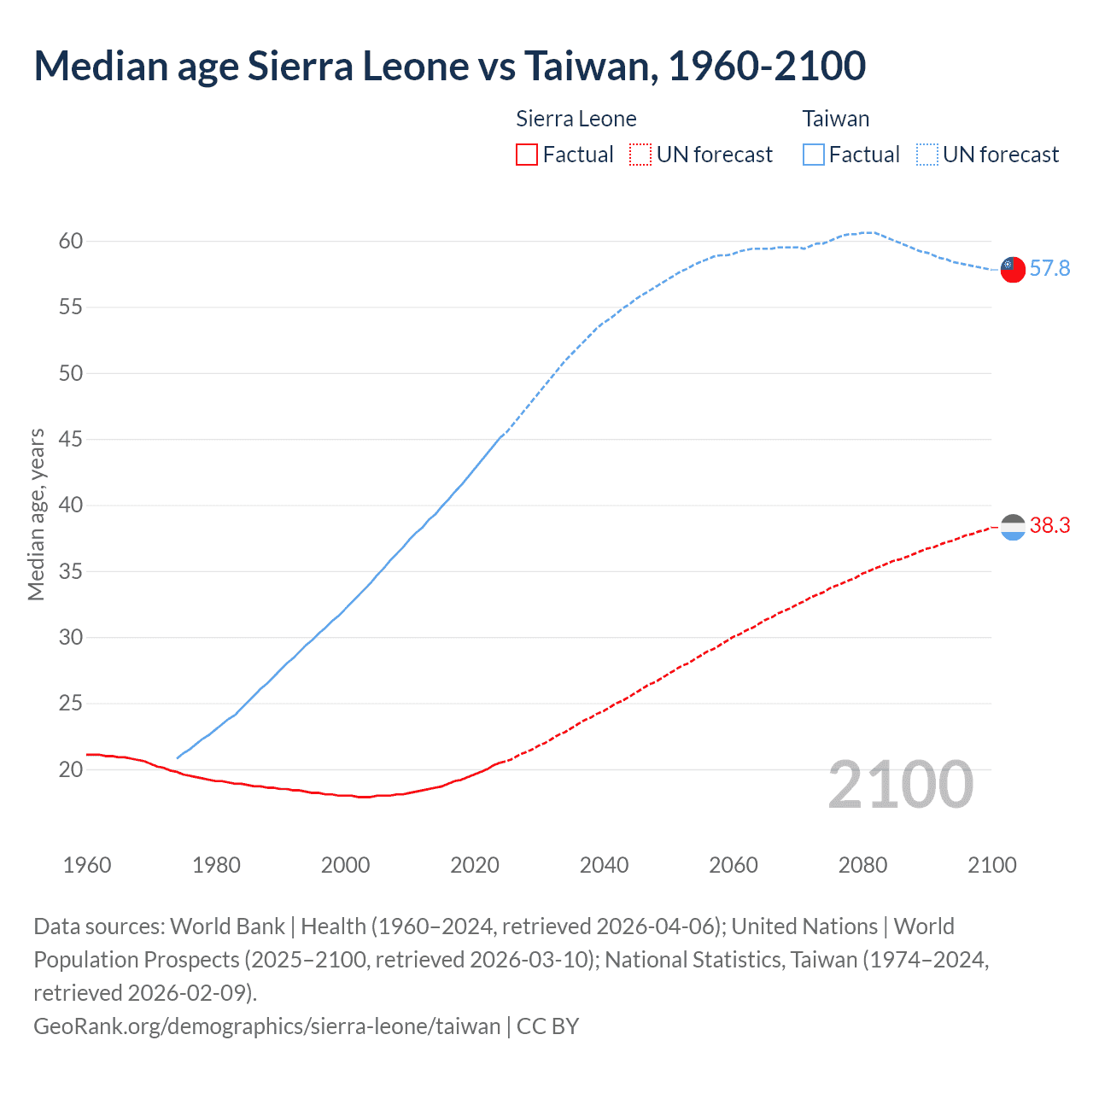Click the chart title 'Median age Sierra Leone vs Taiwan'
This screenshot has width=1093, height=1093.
coord(449,67)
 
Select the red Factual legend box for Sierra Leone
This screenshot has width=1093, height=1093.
coord(527,155)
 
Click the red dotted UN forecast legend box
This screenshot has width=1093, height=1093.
coord(640,155)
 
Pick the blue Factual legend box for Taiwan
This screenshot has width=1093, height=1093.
coord(814,155)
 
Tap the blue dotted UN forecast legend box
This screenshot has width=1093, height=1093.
coord(926,155)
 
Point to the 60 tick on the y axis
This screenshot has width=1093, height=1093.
coord(71,241)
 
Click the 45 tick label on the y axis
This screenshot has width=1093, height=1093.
coord(71,439)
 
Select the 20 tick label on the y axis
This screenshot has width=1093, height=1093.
coord(71,769)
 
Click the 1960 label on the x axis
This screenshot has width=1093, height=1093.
coord(87,865)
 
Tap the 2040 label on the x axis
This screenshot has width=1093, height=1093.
coord(604,865)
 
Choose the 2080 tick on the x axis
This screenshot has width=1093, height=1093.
coord(862,865)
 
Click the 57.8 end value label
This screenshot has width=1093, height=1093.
coord(1049,268)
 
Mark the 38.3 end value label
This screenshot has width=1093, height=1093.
coord(1049,525)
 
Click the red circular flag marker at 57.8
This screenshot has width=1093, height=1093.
coord(1013,269)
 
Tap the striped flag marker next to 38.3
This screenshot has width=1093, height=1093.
coord(1013,528)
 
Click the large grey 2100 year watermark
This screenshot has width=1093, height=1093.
coord(900,785)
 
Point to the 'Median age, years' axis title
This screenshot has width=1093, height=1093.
coord(36,515)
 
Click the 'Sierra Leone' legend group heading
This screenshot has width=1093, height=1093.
coord(576,119)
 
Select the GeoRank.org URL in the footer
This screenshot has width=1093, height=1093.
coord(266,1026)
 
